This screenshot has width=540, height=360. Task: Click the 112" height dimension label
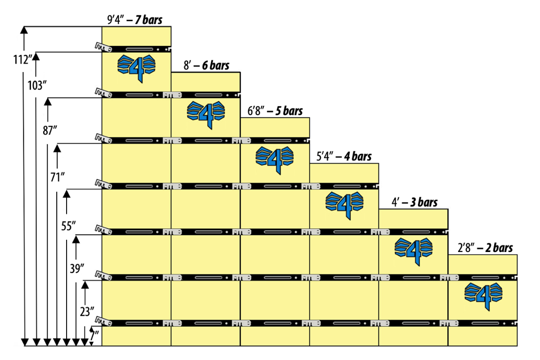(x=22, y=60)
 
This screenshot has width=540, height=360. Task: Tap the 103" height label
(x=37, y=85)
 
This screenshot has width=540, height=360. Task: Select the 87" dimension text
(x=50, y=130)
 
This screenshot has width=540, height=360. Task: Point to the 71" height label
(x=58, y=177)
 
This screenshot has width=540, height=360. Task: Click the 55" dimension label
(x=68, y=226)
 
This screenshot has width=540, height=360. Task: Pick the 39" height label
(x=77, y=269)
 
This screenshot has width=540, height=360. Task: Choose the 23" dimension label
(x=87, y=312)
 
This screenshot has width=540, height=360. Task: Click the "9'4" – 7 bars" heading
(x=135, y=19)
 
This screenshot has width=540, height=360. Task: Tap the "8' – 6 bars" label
(x=207, y=65)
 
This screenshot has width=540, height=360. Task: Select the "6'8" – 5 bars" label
(x=275, y=111)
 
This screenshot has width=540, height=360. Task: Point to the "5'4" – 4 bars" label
(x=344, y=157)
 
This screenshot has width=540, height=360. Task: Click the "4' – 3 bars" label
(x=414, y=202)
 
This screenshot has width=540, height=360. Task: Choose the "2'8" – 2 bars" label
(x=485, y=248)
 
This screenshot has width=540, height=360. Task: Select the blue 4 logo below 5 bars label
(x=274, y=160)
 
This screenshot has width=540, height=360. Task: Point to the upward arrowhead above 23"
(x=85, y=285)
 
